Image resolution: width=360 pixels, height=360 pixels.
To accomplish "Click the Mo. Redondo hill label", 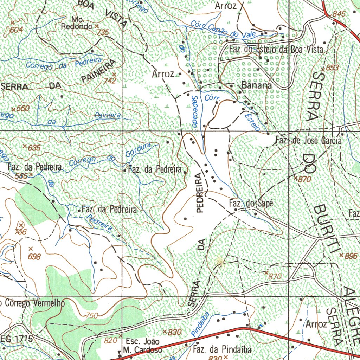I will click(x=77, y=22).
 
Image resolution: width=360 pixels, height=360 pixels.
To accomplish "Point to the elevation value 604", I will click(x=16, y=30).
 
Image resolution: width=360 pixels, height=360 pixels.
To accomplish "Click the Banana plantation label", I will click(x=257, y=85).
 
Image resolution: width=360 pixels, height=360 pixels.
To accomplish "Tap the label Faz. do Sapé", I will click(x=250, y=203).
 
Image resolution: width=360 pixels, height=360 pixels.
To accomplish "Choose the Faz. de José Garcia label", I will click(x=308, y=141).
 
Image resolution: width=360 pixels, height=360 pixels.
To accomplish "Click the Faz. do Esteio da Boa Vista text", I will click(x=276, y=50).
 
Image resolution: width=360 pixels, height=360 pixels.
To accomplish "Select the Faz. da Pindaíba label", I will click(x=222, y=349).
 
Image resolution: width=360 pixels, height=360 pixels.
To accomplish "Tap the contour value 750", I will click(x=92, y=315).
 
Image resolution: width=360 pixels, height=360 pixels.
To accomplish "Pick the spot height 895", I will click(x=351, y=256).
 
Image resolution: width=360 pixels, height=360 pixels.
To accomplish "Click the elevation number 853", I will click(x=332, y=67).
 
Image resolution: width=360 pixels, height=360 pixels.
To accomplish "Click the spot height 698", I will click(x=34, y=257).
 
